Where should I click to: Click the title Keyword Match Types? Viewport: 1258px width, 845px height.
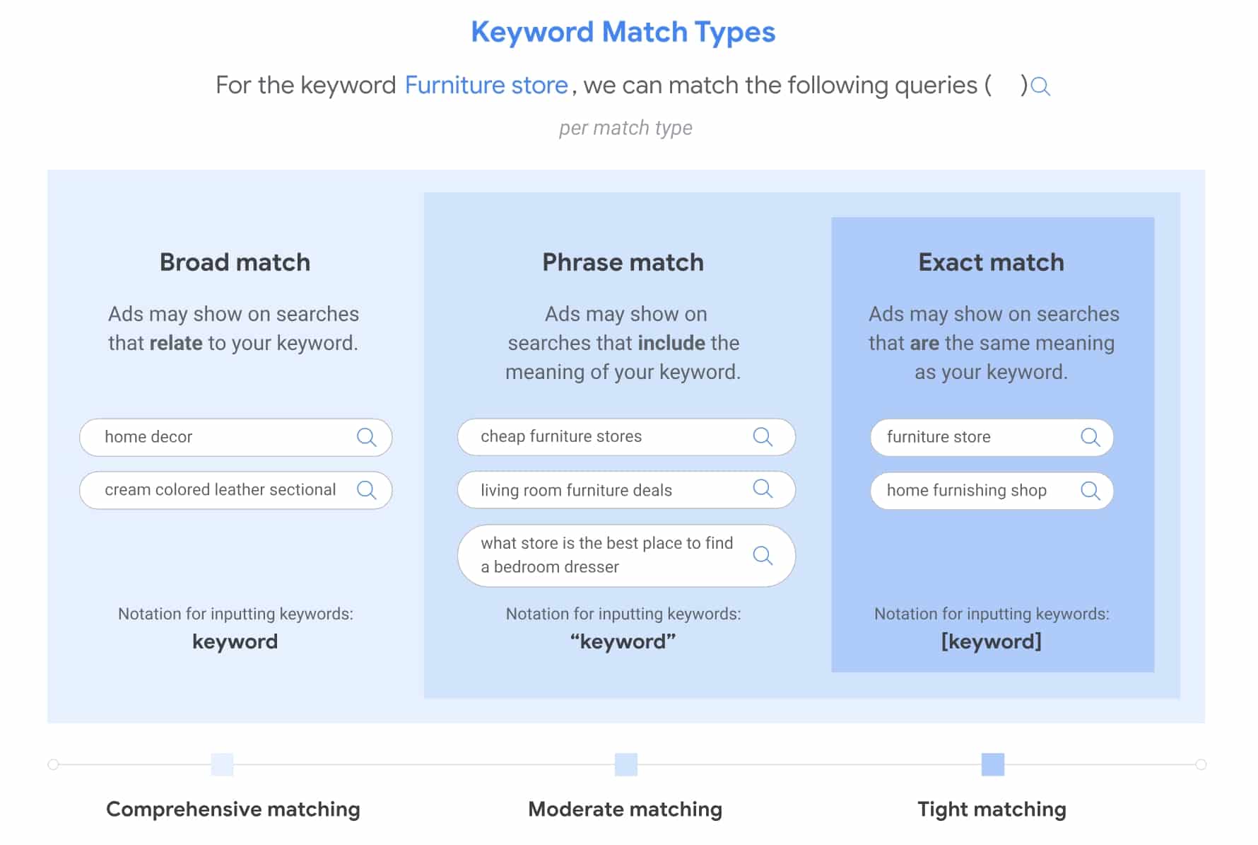[623, 33]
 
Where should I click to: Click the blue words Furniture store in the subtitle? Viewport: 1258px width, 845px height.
[486, 85]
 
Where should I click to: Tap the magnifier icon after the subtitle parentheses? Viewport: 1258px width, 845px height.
[1040, 87]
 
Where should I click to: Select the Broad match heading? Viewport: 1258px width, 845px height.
[235, 262]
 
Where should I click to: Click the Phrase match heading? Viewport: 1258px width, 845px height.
[623, 262]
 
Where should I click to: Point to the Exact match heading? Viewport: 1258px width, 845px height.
[991, 262]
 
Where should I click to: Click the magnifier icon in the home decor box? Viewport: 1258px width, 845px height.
[367, 437]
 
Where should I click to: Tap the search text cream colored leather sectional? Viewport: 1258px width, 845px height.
[220, 489]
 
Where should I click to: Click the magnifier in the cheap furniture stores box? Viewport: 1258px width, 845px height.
[763, 436]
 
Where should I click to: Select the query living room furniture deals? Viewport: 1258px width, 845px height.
[576, 490]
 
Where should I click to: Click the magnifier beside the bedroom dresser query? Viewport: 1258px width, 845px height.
[763, 555]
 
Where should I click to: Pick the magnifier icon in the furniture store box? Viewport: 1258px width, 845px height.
[1091, 437]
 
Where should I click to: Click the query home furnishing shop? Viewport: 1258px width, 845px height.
[966, 490]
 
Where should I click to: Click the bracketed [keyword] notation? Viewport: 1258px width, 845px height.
[991, 641]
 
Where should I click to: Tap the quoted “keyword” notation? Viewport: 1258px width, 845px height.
[623, 641]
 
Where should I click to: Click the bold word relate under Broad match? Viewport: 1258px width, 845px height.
[176, 343]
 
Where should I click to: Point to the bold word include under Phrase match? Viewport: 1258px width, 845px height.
[671, 343]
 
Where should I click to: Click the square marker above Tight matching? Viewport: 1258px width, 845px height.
[992, 764]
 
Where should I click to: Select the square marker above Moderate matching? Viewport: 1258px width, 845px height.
[625, 764]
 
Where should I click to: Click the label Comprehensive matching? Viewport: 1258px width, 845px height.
[233, 809]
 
